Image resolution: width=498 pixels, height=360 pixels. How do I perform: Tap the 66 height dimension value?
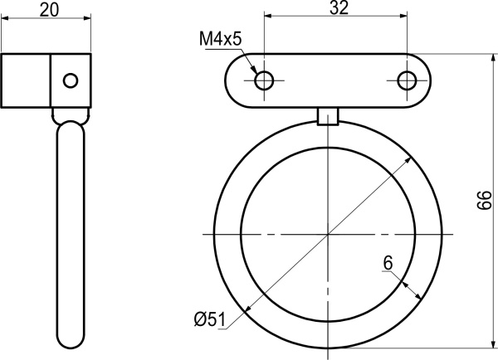[x=486, y=201]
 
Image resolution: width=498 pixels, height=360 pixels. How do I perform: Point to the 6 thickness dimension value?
[x=387, y=264]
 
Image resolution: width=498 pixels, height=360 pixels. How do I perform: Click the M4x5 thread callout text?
[x=220, y=39]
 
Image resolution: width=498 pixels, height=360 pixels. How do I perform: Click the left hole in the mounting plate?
[x=264, y=80]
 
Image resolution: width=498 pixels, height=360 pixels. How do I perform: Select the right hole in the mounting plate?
[x=407, y=80]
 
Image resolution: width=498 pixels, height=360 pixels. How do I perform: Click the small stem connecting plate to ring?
[x=329, y=116]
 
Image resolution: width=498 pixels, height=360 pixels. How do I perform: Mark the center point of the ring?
[x=329, y=235]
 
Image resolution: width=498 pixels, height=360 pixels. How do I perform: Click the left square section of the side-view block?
[x=27, y=80]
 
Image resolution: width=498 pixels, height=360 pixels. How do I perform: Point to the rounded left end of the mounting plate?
[x=237, y=80]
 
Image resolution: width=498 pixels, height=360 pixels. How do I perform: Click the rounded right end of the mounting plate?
[x=422, y=80]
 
